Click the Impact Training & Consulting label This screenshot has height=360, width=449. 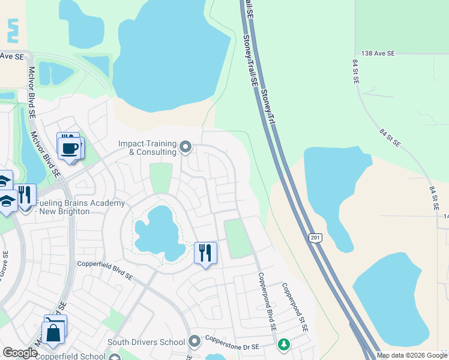click(147, 148)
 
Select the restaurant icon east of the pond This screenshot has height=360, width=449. click(205, 253)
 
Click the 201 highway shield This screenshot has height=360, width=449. click(316, 238)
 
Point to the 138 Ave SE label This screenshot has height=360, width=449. click(375, 53)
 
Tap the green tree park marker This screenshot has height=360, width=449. click(283, 345)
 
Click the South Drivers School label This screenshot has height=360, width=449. click(146, 343)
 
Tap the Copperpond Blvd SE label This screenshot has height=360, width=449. click(267, 302)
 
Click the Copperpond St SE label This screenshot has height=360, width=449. click(295, 308)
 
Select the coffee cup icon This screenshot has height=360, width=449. click(69, 146)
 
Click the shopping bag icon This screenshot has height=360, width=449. click(53, 332)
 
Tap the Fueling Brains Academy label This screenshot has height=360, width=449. click(79, 207)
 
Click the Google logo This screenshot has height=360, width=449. click(20, 353)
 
